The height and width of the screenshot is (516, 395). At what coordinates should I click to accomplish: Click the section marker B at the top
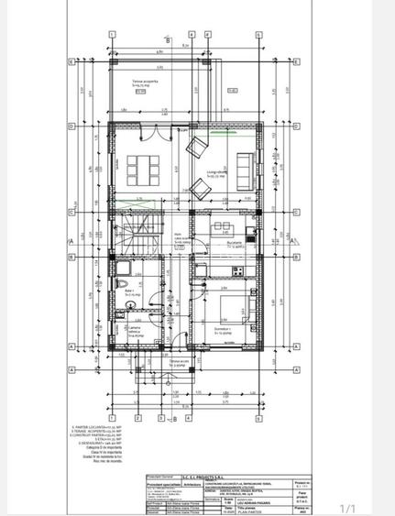168,40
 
